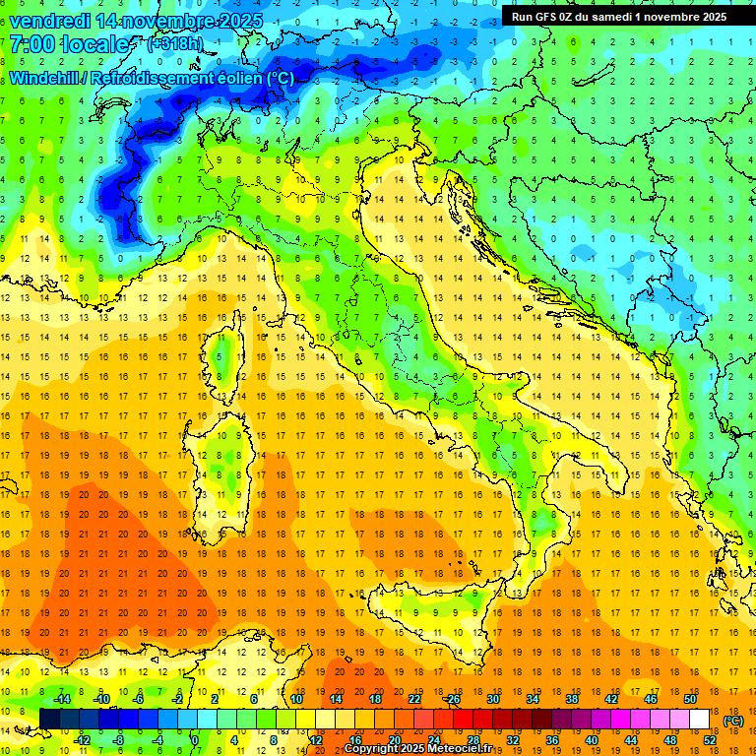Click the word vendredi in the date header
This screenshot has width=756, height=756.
tap(49, 20)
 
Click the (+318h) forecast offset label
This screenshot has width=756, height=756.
tap(175, 43)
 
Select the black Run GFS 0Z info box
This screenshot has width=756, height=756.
tap(619, 16)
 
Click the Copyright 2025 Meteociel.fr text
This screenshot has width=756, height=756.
tap(423, 749)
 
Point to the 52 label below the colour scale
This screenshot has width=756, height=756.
tap(710, 740)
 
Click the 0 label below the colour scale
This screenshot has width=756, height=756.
tap(195, 740)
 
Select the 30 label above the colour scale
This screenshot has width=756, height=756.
tap(492, 698)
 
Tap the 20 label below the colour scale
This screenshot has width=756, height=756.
tap(394, 740)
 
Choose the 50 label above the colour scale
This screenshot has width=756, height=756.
tap(690, 698)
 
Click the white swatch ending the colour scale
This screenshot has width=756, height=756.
tap(699, 720)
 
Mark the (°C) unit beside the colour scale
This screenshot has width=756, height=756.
tap(732, 721)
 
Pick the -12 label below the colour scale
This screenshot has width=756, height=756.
tap(82, 740)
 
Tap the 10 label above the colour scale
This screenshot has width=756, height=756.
tap(295, 698)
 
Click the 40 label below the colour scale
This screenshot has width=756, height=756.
tap(592, 740)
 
